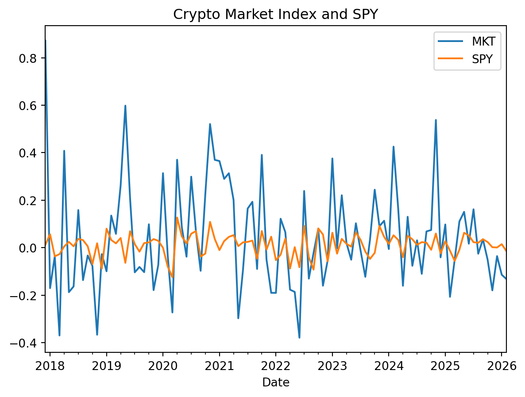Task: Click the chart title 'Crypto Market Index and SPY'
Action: (x=275, y=14)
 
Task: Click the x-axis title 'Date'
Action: (x=275, y=382)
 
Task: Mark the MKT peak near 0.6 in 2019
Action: (x=125, y=106)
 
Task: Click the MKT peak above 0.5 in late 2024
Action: (x=436, y=120)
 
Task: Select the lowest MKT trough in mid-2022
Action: (x=299, y=338)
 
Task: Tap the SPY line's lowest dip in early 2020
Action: (x=172, y=277)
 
